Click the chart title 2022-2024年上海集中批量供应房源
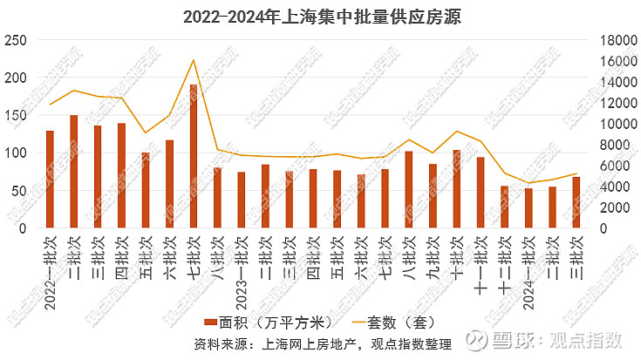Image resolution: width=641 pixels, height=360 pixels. point(321,17)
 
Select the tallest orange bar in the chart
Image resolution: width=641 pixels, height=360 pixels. point(193,157)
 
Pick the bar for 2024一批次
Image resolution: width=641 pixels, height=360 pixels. point(528,209)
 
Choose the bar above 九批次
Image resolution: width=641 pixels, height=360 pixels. point(433,196)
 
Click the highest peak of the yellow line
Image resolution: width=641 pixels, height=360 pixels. point(193,60)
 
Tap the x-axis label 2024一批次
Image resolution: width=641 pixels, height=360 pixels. point(528,267)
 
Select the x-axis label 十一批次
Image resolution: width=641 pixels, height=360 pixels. point(481,259)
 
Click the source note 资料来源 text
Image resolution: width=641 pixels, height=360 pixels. point(322,345)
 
